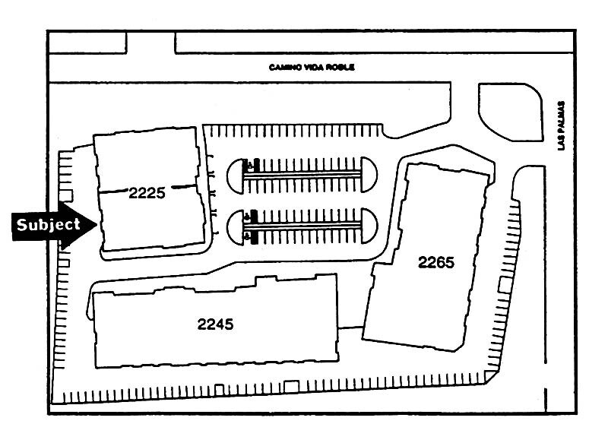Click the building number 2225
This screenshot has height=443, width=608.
click(147, 193)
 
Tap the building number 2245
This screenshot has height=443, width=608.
click(215, 324)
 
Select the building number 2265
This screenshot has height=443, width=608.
click(435, 263)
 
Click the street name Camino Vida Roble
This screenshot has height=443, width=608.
click(312, 68)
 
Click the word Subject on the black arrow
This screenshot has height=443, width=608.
click(48, 225)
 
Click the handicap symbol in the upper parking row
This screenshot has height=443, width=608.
click(246, 163)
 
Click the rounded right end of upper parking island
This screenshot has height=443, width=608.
click(369, 172)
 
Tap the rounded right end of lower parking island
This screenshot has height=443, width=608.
click(369, 225)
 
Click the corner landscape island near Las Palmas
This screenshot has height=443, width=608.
click(507, 110)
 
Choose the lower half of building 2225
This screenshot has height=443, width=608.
click(152, 224)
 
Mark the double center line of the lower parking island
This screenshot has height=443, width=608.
click(308, 225)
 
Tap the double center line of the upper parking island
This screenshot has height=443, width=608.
click(308, 173)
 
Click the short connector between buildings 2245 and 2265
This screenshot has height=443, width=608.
click(350, 328)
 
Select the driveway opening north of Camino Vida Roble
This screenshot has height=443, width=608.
click(150, 43)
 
